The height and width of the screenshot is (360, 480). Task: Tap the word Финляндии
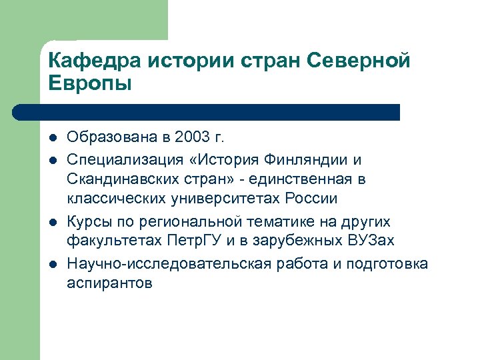307,159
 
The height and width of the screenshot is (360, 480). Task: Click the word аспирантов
109,283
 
